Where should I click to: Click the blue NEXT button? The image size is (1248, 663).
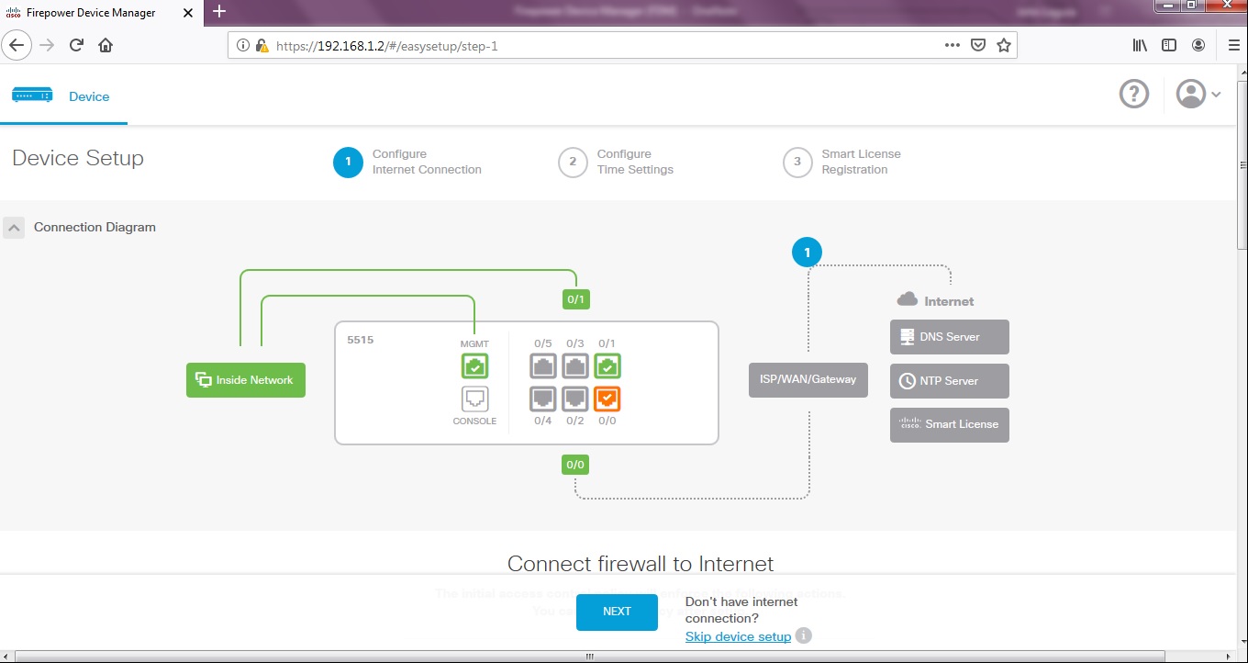coord(617,612)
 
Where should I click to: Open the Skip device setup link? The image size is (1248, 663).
coord(738,636)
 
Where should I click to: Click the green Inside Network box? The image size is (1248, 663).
coord(246,380)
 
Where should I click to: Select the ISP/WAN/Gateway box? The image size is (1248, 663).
coord(808,379)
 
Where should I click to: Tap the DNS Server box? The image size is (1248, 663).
coord(949,337)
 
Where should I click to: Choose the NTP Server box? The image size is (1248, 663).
coord(949,381)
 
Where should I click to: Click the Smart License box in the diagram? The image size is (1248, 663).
coord(949,425)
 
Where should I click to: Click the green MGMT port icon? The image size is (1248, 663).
coord(474,367)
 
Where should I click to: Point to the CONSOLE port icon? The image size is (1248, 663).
coord(474,399)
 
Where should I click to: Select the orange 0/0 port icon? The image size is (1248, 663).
coord(607,399)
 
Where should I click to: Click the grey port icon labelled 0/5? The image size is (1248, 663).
coord(543,367)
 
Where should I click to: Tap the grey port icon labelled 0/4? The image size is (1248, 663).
coord(543,399)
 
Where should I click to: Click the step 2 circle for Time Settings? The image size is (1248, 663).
coord(573,163)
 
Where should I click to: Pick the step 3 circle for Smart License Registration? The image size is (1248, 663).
coord(797,163)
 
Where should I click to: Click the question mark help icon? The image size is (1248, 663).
coord(1134,94)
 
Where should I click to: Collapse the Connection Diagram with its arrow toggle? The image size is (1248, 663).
coord(14,228)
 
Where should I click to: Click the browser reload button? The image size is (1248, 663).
coord(77,45)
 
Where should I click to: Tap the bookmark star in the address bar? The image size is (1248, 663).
coord(1004,45)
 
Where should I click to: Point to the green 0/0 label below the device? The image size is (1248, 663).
coord(575,465)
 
